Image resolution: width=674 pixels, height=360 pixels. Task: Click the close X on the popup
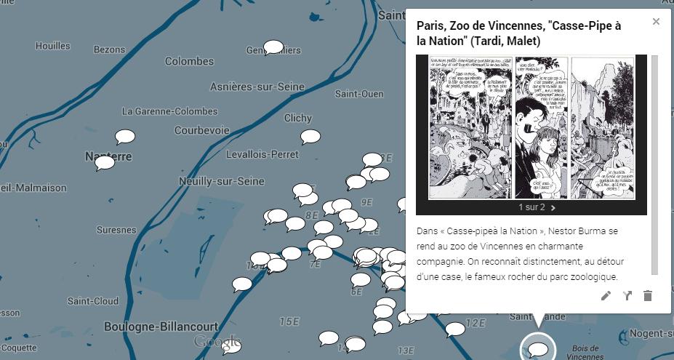(656, 22)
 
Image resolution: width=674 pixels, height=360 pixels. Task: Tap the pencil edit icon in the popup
(606, 295)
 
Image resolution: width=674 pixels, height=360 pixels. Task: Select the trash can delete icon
(648, 295)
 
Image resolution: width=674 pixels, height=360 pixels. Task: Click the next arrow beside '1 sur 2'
(553, 207)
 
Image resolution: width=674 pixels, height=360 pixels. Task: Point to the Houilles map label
(53, 46)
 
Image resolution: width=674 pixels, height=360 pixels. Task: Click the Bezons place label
(109, 49)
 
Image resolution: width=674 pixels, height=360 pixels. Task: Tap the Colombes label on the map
(189, 61)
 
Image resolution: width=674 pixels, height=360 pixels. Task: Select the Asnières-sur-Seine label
(257, 87)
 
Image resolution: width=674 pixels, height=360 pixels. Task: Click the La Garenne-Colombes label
(169, 111)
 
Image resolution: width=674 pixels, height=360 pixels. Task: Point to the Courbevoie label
(201, 131)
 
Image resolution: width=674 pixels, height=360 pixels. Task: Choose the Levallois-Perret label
(262, 154)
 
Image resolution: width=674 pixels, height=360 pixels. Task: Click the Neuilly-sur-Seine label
(222, 180)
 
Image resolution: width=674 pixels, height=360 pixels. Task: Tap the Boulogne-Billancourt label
(161, 327)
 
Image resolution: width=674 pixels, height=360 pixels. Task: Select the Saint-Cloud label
(93, 300)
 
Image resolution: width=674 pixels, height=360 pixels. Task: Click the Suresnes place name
(116, 230)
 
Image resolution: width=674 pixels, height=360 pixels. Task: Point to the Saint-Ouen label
(359, 94)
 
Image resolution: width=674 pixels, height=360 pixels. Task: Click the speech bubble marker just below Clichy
(310, 136)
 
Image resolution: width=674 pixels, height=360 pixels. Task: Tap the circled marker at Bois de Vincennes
(538, 350)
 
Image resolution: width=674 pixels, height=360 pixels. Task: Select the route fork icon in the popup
(627, 295)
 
